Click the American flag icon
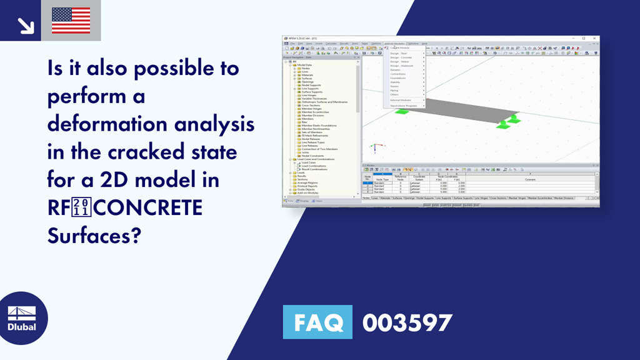pos(71,21)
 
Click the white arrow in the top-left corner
pos(26,25)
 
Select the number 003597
pos(407,323)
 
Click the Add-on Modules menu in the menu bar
pos(395,44)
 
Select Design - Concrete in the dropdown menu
pos(402,57)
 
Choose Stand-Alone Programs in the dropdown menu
pos(404,106)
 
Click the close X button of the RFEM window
pos(594,38)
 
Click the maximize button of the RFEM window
pos(584,38)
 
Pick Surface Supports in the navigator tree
pos(312,92)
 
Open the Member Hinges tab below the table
pos(512,198)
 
